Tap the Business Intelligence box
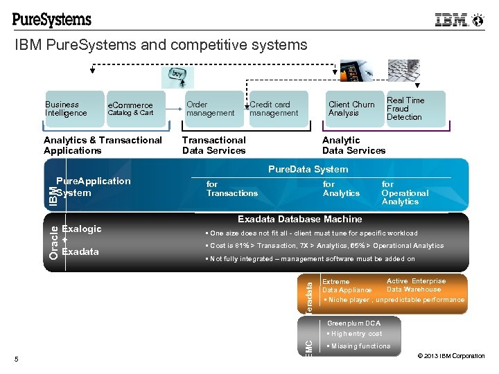pos(67,109)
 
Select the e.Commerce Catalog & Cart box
pos(131,109)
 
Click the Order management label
pos(211,109)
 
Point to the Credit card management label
pos(274,109)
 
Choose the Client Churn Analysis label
pos(351,109)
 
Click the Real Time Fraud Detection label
pos(405,109)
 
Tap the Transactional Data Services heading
pos(213,145)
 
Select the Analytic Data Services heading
pos(353,145)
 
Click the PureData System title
pos(308,169)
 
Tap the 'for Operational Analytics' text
pos(405,193)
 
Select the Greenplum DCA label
pos(353,323)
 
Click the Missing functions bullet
pos(360,346)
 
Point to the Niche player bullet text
pos(396,300)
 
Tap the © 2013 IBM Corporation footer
pos(450,356)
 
